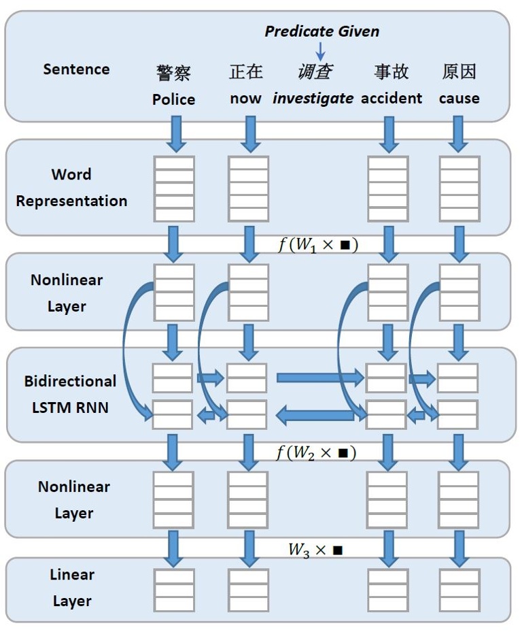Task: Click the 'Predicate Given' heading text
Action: point(322,31)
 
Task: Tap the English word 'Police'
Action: point(173,99)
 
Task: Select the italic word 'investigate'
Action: point(313,99)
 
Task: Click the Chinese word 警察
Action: point(173,72)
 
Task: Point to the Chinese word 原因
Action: point(459,71)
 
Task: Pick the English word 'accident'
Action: point(392,99)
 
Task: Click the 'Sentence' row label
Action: point(76,69)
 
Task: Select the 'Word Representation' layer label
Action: point(71,188)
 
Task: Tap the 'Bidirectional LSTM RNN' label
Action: point(70,395)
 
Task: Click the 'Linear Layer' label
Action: point(71,588)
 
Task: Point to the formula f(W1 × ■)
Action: point(317,244)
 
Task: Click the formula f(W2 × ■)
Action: point(316,452)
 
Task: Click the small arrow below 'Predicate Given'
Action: point(321,50)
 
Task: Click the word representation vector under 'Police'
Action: point(174,188)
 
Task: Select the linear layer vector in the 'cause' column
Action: point(460,590)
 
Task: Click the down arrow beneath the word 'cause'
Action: point(459,133)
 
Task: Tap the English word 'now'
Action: point(245,99)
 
